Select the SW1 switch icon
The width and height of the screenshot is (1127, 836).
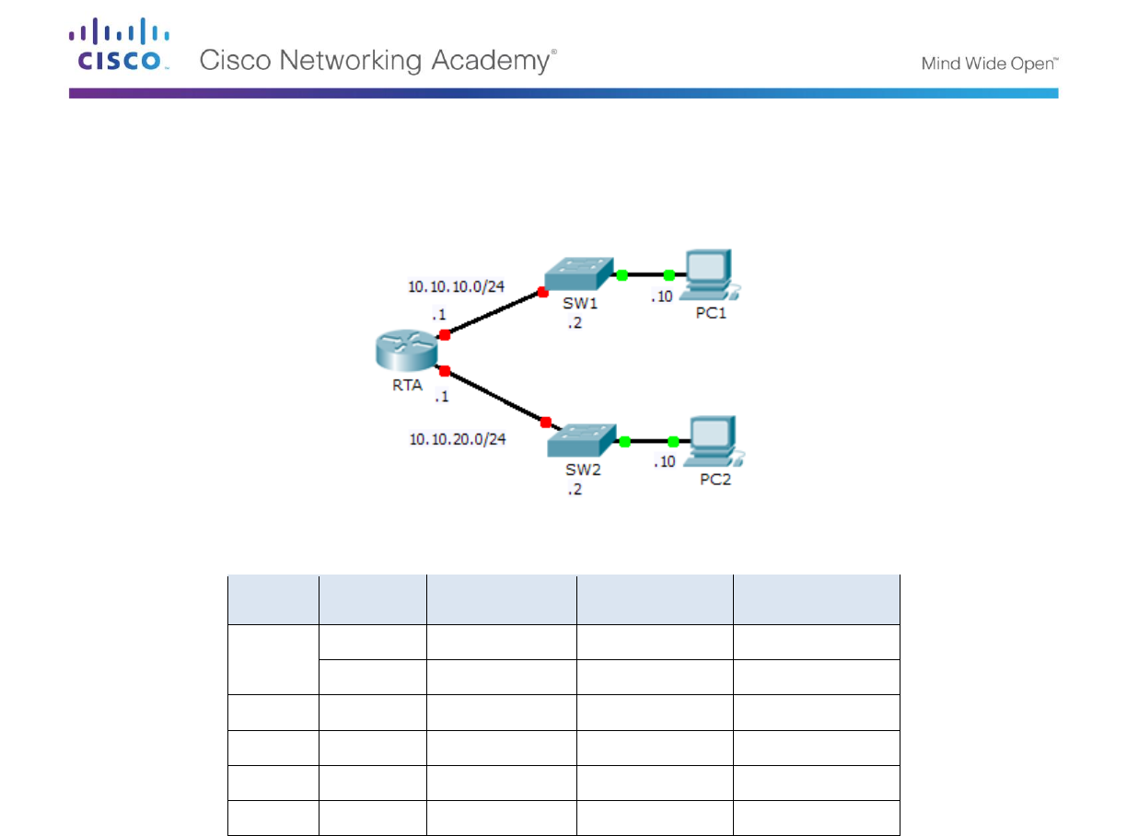tap(578, 273)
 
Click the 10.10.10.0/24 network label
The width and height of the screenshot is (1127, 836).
tap(457, 286)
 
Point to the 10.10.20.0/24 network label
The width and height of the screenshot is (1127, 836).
tap(458, 439)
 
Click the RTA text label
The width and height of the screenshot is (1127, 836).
tap(406, 386)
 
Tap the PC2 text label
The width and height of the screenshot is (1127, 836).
tap(715, 480)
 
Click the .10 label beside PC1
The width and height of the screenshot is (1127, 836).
tap(663, 296)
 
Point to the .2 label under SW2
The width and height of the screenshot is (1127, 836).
tap(575, 490)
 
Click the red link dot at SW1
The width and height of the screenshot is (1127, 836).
tap(542, 291)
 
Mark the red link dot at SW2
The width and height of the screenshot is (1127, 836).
tap(545, 423)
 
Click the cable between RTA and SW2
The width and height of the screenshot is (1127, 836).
tap(494, 397)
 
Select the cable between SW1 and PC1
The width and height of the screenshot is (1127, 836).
tap(645, 274)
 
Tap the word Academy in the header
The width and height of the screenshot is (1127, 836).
tap(494, 62)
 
